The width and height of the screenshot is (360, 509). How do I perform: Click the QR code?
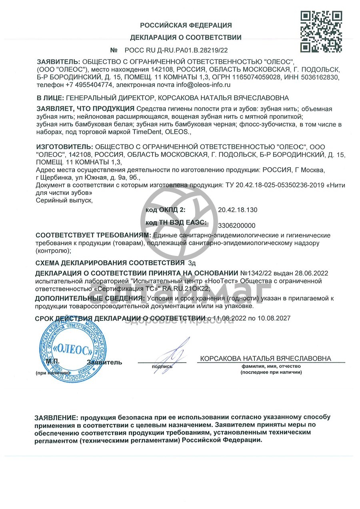pos(321,32)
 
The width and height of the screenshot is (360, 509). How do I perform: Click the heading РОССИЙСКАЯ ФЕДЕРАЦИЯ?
pos(186,26)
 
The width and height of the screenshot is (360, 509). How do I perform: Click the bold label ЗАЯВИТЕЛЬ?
pos(58,62)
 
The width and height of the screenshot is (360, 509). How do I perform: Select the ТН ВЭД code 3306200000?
pos(236,226)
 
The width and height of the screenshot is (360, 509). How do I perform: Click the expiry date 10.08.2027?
pos(274,318)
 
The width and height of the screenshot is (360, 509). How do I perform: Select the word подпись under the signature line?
pos(162,366)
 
